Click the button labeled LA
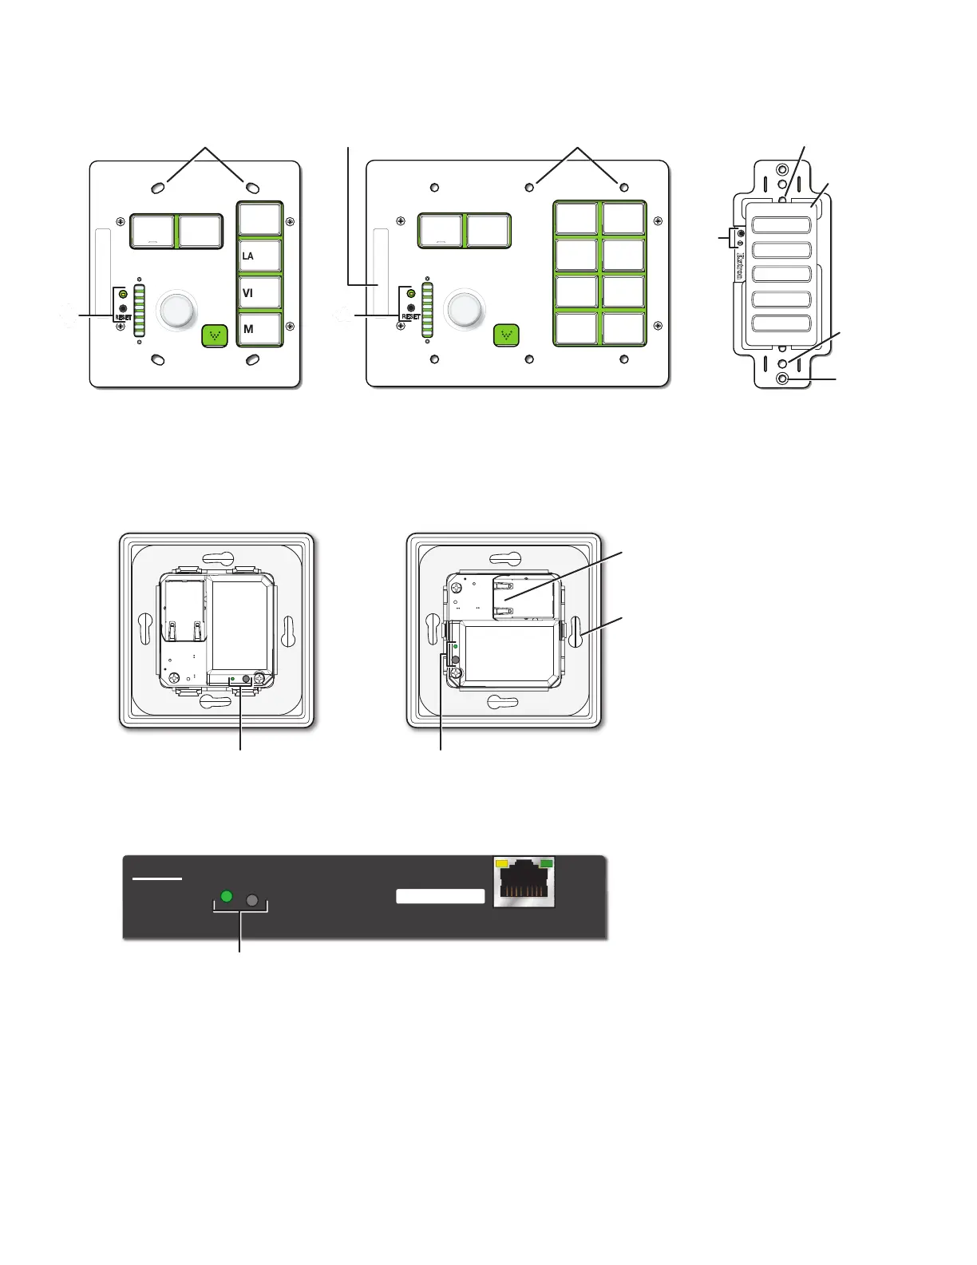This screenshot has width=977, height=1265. [260, 256]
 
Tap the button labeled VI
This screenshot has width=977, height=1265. [260, 293]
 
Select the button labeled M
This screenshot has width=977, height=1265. [260, 329]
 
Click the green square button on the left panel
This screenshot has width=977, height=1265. [214, 335]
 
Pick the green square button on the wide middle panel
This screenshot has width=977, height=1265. [507, 335]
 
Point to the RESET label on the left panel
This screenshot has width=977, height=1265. [124, 318]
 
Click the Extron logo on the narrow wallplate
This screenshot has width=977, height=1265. [740, 268]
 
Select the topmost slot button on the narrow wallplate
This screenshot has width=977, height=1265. [781, 224]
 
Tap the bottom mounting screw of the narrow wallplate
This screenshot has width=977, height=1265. [782, 379]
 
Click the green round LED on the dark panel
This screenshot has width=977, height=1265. [227, 896]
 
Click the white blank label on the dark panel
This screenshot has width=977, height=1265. [441, 896]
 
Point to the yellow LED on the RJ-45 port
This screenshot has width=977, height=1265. [502, 863]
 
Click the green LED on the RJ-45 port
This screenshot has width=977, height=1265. [546, 863]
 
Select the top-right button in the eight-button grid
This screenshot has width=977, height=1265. [623, 219]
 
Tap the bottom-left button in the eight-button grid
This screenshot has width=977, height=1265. [576, 329]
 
